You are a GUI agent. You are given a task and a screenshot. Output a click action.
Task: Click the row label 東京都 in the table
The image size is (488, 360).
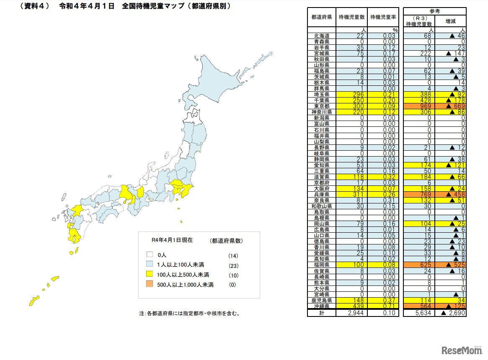click(x=322, y=106)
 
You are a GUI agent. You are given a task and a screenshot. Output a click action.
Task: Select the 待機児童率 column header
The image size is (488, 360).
click(x=383, y=17)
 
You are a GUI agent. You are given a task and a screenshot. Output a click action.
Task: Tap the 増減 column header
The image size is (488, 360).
click(x=450, y=20)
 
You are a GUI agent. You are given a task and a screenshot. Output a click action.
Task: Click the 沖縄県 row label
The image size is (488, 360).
click(x=322, y=306)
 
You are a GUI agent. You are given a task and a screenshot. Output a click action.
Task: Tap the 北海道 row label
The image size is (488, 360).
click(x=322, y=36)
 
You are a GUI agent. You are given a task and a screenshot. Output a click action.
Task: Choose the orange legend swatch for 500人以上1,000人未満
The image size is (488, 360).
click(x=149, y=285)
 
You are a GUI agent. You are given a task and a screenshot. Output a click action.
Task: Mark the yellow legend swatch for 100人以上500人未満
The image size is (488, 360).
click(x=149, y=275)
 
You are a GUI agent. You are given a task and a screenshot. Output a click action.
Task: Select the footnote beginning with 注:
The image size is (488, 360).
click(x=189, y=313)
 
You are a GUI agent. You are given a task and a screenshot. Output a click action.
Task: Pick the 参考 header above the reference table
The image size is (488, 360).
click(x=434, y=10)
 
